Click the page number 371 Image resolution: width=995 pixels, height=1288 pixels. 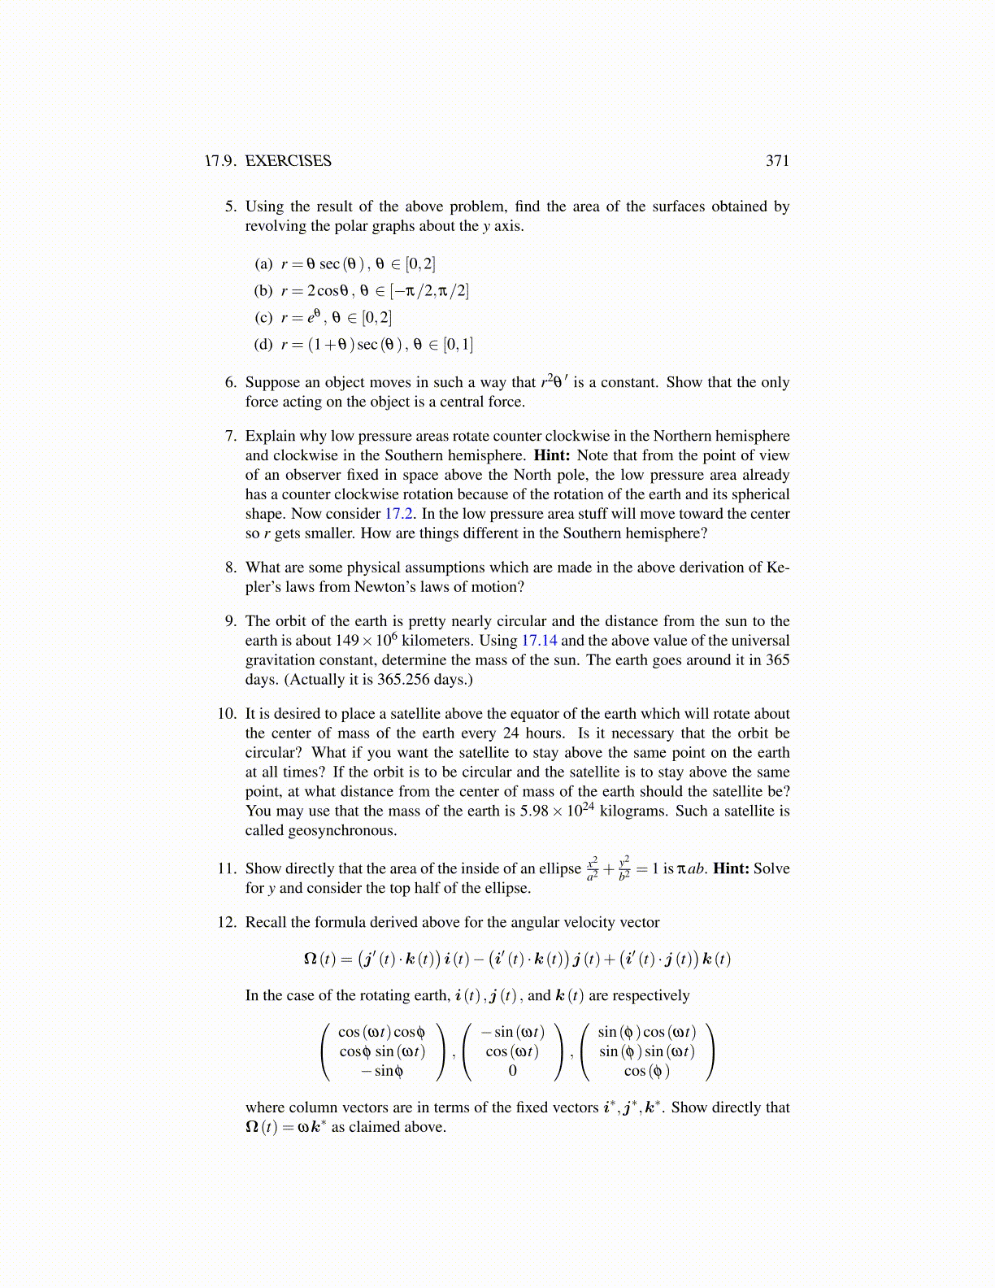[777, 161]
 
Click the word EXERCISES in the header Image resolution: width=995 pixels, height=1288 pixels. [288, 161]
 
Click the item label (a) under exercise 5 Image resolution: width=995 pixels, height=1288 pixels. [263, 264]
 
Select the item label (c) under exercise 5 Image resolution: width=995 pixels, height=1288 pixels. [263, 318]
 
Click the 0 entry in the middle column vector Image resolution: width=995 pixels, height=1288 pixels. [512, 1071]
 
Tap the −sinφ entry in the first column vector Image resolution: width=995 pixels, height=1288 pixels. [382, 1071]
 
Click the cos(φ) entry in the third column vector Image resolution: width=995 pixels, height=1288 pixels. [647, 1071]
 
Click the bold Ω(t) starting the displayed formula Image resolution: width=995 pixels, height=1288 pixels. [319, 959]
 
